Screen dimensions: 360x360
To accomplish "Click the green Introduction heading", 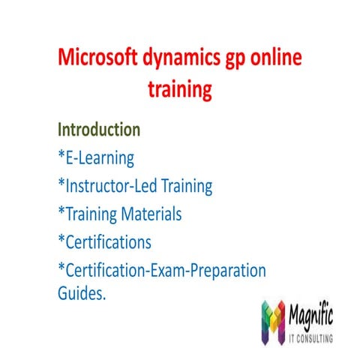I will [99, 129].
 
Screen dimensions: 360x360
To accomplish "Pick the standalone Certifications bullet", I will [107, 241].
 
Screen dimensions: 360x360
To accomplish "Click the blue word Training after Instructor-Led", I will [187, 186].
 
